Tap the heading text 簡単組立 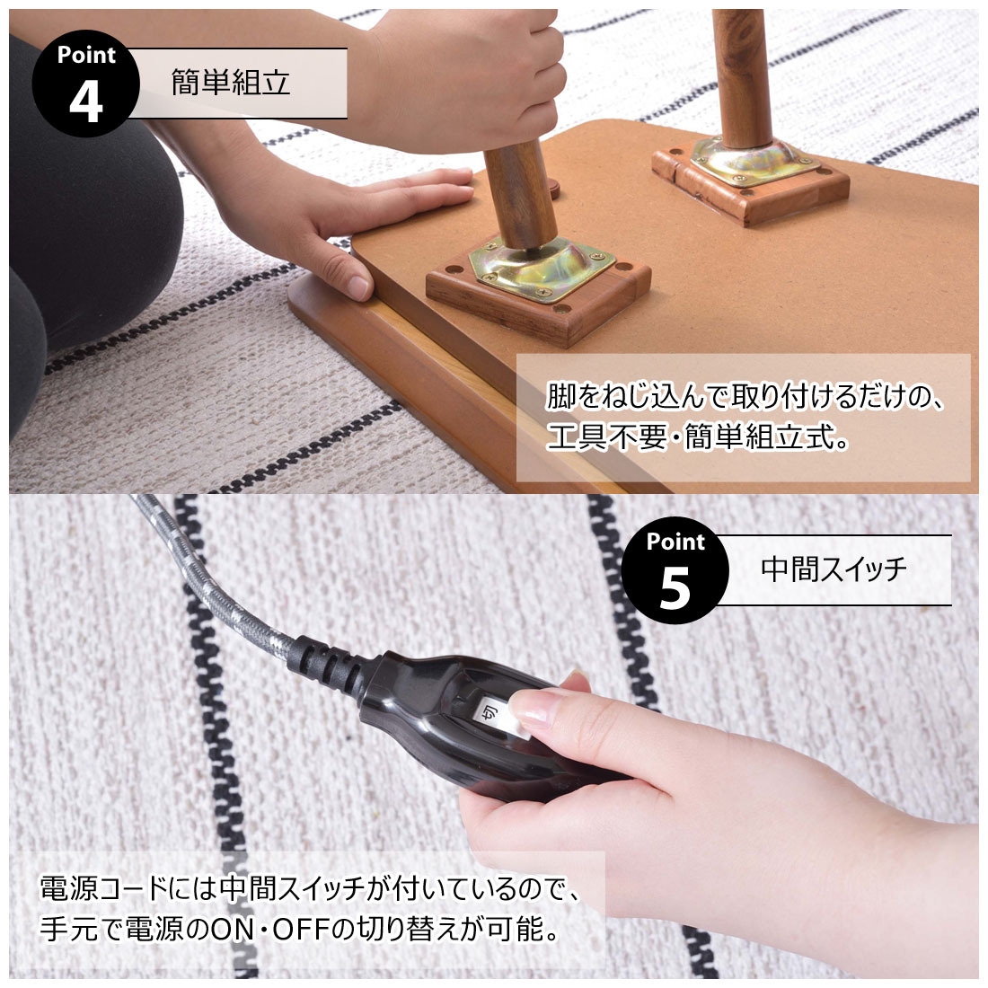tap(231, 83)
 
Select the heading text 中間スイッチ tap(834, 569)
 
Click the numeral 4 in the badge tap(85, 102)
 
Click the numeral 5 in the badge tap(675, 588)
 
